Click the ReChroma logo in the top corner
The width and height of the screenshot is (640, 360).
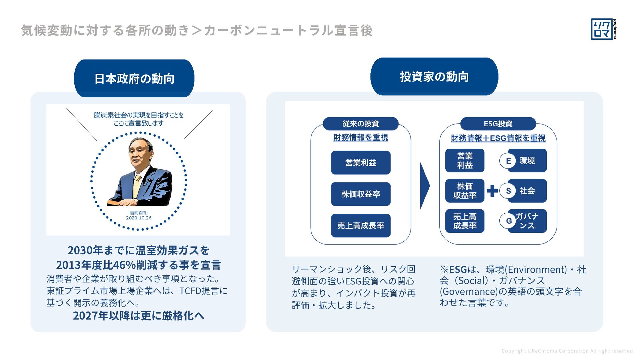(604, 29)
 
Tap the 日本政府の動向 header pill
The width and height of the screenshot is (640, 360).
(134, 79)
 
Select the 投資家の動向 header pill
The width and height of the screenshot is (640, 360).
(434, 77)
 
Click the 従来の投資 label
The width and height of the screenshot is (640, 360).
(361, 124)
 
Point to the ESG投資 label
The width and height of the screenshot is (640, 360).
(498, 124)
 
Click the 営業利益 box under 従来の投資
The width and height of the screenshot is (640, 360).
(361, 163)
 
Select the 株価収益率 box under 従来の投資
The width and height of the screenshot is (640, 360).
(361, 194)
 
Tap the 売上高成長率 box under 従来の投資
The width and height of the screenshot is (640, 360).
(361, 226)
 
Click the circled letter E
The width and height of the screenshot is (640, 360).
(508, 161)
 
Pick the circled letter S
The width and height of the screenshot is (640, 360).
(508, 191)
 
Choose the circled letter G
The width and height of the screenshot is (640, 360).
(508, 221)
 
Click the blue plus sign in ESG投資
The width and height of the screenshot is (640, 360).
(492, 191)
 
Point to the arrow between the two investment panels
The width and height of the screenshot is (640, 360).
(425, 186)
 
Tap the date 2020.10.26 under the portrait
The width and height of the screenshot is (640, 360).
(139, 218)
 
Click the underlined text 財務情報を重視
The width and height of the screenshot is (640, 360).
(361, 137)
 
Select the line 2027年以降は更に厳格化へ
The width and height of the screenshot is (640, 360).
(138, 316)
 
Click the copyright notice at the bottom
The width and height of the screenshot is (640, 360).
(567, 351)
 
